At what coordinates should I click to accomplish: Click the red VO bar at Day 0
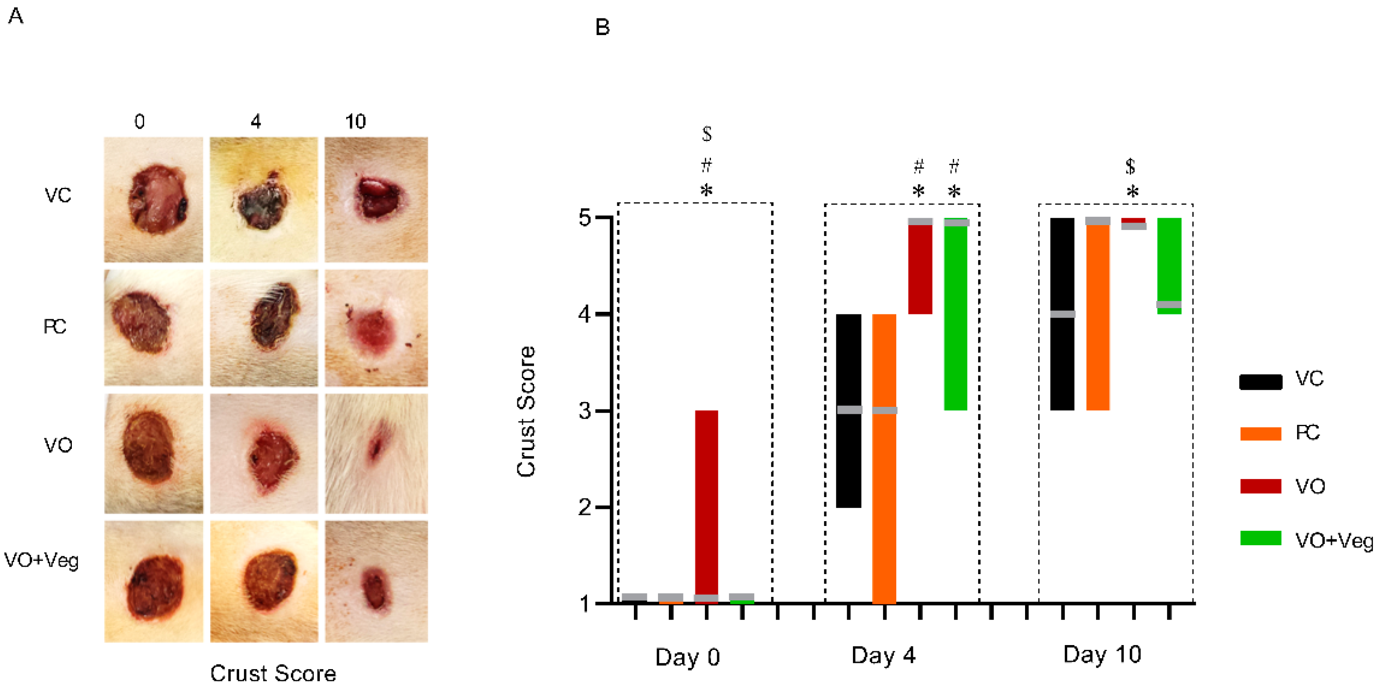point(706,503)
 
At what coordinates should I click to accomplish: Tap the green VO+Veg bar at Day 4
point(955,316)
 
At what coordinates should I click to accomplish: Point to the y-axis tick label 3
point(584,411)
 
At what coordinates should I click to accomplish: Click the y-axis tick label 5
point(584,218)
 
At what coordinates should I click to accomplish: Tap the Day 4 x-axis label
point(883,655)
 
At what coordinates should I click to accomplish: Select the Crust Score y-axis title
point(526,411)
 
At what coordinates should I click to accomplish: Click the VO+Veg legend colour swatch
point(1260,538)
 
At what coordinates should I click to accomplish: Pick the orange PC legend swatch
point(1260,434)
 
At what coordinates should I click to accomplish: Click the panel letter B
point(602,27)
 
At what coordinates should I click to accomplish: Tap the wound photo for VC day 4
point(263,200)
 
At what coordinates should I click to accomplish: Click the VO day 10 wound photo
point(376,454)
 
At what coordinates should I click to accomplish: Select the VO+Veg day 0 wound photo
point(154,581)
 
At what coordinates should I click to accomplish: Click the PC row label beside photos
point(55,326)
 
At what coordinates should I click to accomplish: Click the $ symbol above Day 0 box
point(707,134)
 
